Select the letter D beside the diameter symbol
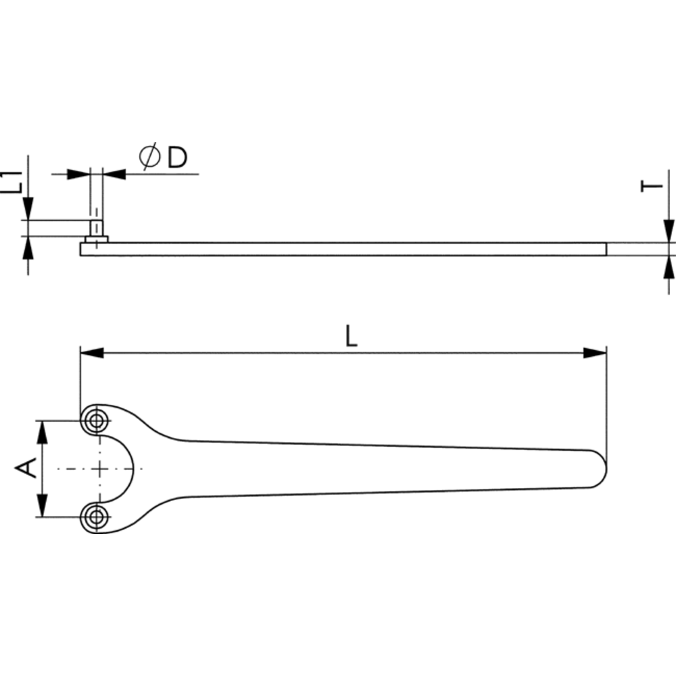pos(177,157)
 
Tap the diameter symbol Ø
pos(150,157)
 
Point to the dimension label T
pos(652,186)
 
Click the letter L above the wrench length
pos(352,336)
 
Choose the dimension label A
pos(26,468)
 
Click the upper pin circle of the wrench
pos(96,420)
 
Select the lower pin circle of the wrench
pos(96,516)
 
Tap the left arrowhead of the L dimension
pos(92,353)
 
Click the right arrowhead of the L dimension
pos(594,353)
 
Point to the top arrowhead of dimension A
pos(42,432)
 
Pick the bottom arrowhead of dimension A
pos(42,505)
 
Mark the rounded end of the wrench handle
pos(599,468)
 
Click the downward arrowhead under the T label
pos(669,231)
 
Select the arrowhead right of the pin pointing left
pos(114,174)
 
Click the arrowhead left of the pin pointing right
pos(79,174)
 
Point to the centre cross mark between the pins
pos(99,468)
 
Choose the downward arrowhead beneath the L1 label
pos(28,209)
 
